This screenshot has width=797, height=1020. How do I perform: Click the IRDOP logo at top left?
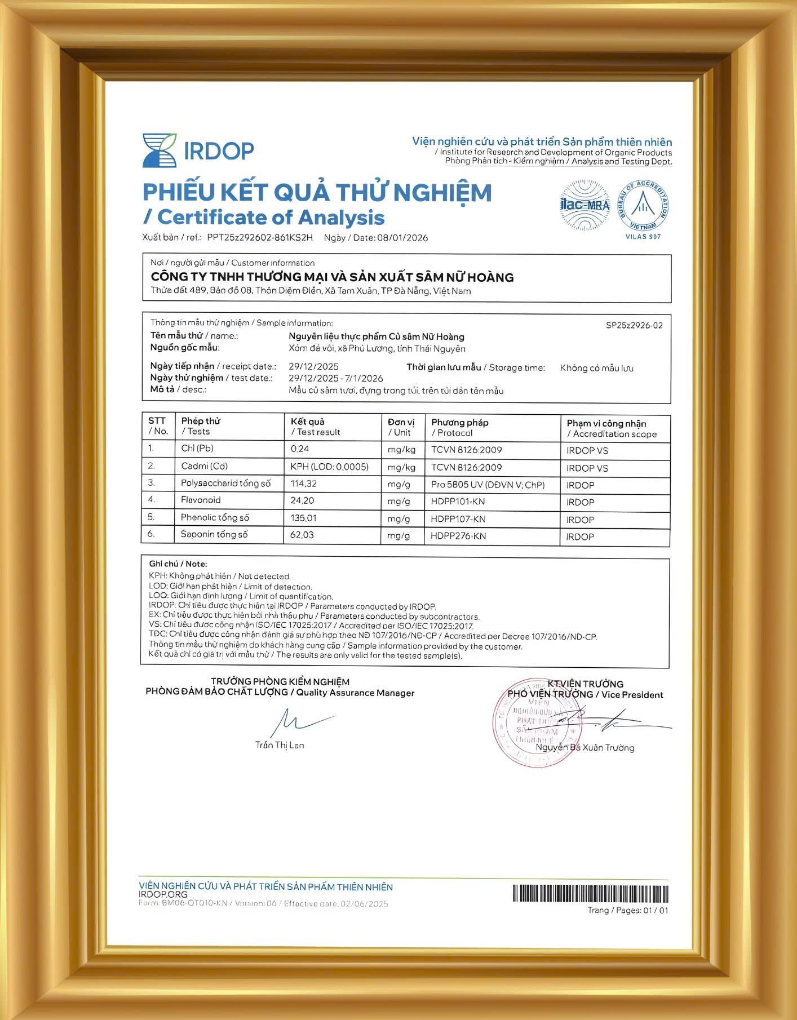(x=198, y=150)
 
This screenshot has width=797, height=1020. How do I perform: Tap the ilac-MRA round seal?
(x=585, y=205)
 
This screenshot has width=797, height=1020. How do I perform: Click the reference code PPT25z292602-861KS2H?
(x=260, y=238)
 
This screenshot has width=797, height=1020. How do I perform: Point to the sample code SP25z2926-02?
(x=634, y=325)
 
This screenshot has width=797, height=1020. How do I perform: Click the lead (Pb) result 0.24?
(x=300, y=449)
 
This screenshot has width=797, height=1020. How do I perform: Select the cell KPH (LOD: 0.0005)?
(x=329, y=467)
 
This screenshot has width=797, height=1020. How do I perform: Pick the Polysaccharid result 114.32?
(x=303, y=484)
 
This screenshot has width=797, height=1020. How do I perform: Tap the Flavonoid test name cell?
(x=201, y=500)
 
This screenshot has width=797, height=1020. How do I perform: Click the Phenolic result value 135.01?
(x=303, y=518)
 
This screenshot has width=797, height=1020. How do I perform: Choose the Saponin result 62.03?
(x=302, y=535)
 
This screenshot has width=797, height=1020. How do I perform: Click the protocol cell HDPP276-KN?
(x=458, y=536)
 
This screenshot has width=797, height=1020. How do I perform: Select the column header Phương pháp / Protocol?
(x=460, y=428)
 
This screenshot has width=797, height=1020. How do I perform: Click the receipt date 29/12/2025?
(x=313, y=366)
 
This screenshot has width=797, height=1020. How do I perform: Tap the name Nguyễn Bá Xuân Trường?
(x=585, y=748)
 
